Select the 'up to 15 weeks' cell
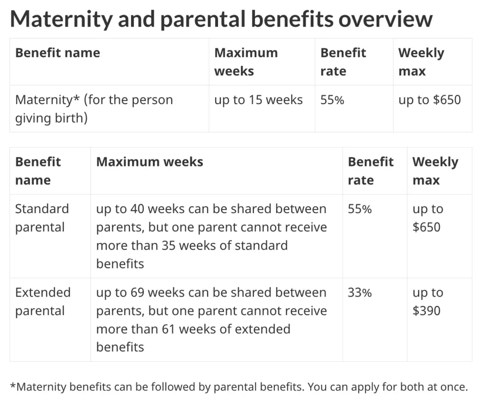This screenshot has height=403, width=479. tap(258, 100)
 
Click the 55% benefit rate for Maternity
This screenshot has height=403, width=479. tap(332, 100)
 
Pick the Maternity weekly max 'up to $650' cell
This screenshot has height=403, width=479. tap(429, 100)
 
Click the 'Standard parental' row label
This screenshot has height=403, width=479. tap(42, 218)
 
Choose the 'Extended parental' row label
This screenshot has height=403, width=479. tap(43, 301)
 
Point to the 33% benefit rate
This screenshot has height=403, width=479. tap(359, 293)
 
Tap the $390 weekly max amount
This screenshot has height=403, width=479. tap(427, 311)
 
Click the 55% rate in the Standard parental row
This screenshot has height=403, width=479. tap(359, 209)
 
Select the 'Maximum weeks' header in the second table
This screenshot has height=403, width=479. tap(150, 162)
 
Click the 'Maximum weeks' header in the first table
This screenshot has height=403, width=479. tap(246, 62)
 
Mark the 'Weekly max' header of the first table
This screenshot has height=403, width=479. tap(421, 62)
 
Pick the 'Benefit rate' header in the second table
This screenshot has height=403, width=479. tap(370, 171)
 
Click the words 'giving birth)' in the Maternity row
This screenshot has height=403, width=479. tap(51, 118)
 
